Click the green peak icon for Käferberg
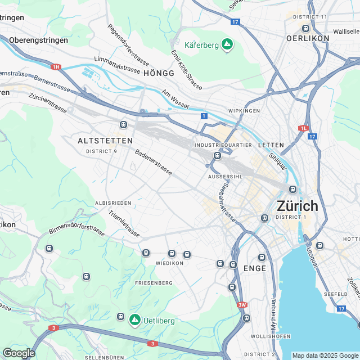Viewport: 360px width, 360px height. pyautogui.click(x=227, y=44)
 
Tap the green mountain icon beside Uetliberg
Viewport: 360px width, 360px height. pyautogui.click(x=134, y=320)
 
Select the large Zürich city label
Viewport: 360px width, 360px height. pyautogui.click(x=297, y=206)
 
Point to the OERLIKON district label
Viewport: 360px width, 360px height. pyautogui.click(x=307, y=38)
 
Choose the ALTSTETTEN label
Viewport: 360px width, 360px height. pyautogui.click(x=105, y=140)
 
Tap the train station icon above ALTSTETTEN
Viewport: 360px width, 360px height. pyautogui.click(x=123, y=124)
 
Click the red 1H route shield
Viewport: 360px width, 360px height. pyautogui.click(x=56, y=67)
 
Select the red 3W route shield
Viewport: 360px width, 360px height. pyautogui.click(x=242, y=305)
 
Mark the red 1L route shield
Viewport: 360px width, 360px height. pyautogui.click(x=304, y=128)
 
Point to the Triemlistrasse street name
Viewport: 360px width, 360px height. pyautogui.click(x=124, y=223)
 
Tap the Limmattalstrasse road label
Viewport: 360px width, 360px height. pyautogui.click(x=117, y=64)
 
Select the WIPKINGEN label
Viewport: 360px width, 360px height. pyautogui.click(x=244, y=111)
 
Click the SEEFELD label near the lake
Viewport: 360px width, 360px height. pyautogui.click(x=336, y=294)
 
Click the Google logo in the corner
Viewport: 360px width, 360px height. pyautogui.click(x=18, y=353)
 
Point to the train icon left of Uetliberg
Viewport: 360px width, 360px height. pyautogui.click(x=120, y=317)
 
